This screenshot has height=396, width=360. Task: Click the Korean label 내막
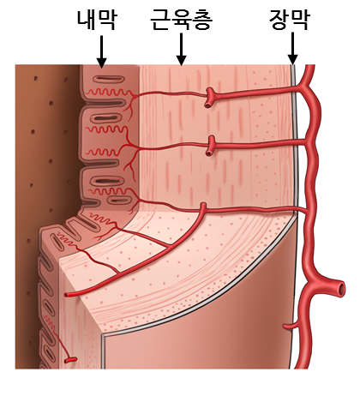pyautogui.click(x=97, y=20)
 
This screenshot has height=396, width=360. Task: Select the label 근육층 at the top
pyautogui.click(x=182, y=20)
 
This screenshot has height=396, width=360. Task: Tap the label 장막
pyautogui.click(x=290, y=20)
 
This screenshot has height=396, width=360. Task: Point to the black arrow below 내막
pyautogui.click(x=101, y=51)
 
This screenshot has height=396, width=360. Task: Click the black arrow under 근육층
pyautogui.click(x=181, y=49)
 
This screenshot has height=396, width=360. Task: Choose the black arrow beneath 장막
pyautogui.click(x=292, y=49)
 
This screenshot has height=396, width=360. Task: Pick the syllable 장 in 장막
pyautogui.click(x=279, y=20)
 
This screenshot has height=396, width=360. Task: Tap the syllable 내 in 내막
pyautogui.click(x=87, y=20)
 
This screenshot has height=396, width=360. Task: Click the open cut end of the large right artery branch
pyautogui.click(x=340, y=289)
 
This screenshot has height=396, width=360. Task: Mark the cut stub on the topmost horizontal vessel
pyautogui.click(x=209, y=105)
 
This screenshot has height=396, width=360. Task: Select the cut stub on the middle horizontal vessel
pyautogui.click(x=209, y=153)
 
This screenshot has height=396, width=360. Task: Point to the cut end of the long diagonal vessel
pyautogui.click(x=67, y=295)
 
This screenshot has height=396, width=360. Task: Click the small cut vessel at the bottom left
pyautogui.click(x=70, y=360)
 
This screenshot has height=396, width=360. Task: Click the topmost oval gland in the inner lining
pyautogui.click(x=110, y=79)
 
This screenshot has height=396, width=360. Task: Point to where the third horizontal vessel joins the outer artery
pyautogui.click(x=307, y=212)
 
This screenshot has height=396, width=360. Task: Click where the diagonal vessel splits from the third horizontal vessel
pyautogui.click(x=203, y=209)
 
